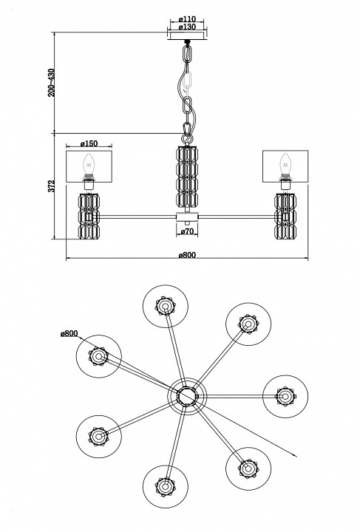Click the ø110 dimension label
[x=187, y=19]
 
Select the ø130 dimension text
[x=187, y=27]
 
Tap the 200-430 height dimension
[x=51, y=83]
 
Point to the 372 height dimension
[x=51, y=186]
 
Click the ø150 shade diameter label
[x=89, y=143]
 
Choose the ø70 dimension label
[x=186, y=232]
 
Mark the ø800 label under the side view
[x=187, y=254]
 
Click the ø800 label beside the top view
[x=69, y=334]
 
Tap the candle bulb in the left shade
[x=89, y=164]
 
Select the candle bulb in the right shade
[x=285, y=164]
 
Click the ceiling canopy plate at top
[x=187, y=36]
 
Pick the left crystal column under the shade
[x=89, y=216]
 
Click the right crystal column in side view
[x=285, y=216]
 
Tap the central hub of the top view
[x=187, y=396]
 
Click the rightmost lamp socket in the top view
[x=285, y=396]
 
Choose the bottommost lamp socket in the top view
[x=166, y=486]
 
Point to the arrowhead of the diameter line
[x=294, y=456]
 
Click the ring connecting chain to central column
[x=186, y=138]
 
